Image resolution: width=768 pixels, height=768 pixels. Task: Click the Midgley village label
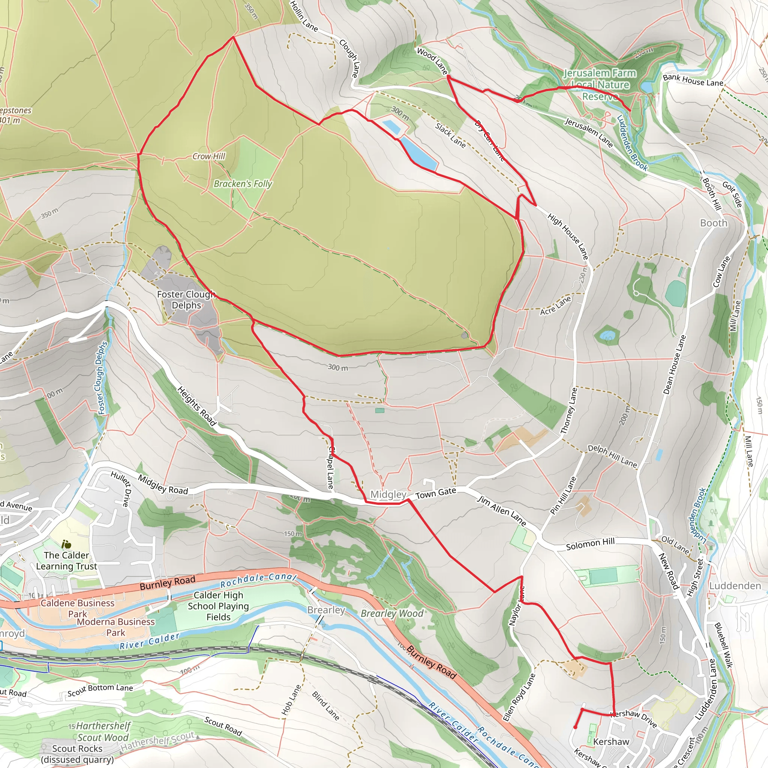[x=388, y=495]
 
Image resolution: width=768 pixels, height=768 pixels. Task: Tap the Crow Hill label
[x=209, y=156]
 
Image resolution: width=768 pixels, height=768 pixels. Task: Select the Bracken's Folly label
[x=243, y=184]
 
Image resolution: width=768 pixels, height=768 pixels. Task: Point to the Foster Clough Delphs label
[x=186, y=300]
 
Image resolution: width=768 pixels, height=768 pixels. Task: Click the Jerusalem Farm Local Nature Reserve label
[x=600, y=85]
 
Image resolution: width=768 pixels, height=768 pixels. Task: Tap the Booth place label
[x=714, y=223]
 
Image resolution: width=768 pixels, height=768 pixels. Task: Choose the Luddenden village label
[x=735, y=586]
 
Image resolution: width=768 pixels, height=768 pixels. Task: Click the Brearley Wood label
[x=391, y=613]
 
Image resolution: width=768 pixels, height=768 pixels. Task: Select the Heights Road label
[x=196, y=406]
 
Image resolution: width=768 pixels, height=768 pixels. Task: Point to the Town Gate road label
[x=436, y=493]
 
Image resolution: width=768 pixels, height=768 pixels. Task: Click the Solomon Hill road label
[x=590, y=544]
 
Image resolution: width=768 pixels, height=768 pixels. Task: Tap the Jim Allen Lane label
[x=502, y=511]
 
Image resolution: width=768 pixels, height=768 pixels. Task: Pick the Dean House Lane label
[x=675, y=365]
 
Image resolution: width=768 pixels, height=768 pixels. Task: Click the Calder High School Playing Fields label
[x=218, y=606]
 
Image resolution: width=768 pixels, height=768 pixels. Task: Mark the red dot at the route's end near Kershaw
[x=575, y=727]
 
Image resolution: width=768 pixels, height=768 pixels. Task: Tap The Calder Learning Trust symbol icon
[x=66, y=544]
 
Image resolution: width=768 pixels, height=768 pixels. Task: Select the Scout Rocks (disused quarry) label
[x=78, y=754]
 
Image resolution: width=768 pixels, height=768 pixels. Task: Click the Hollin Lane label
[x=304, y=17]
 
